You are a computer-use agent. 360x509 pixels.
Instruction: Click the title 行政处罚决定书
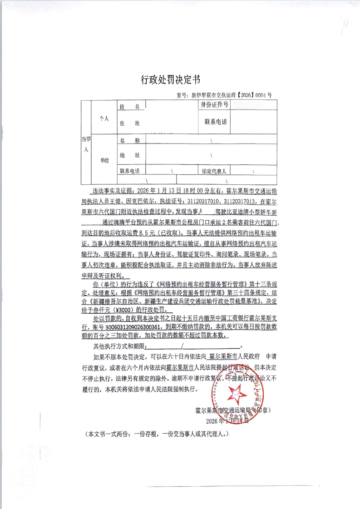point(170,80)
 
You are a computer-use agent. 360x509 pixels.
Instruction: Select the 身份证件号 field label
point(214,105)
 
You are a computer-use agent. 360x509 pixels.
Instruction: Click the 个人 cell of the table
point(104,118)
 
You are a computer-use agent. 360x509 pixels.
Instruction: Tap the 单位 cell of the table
point(104,161)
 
